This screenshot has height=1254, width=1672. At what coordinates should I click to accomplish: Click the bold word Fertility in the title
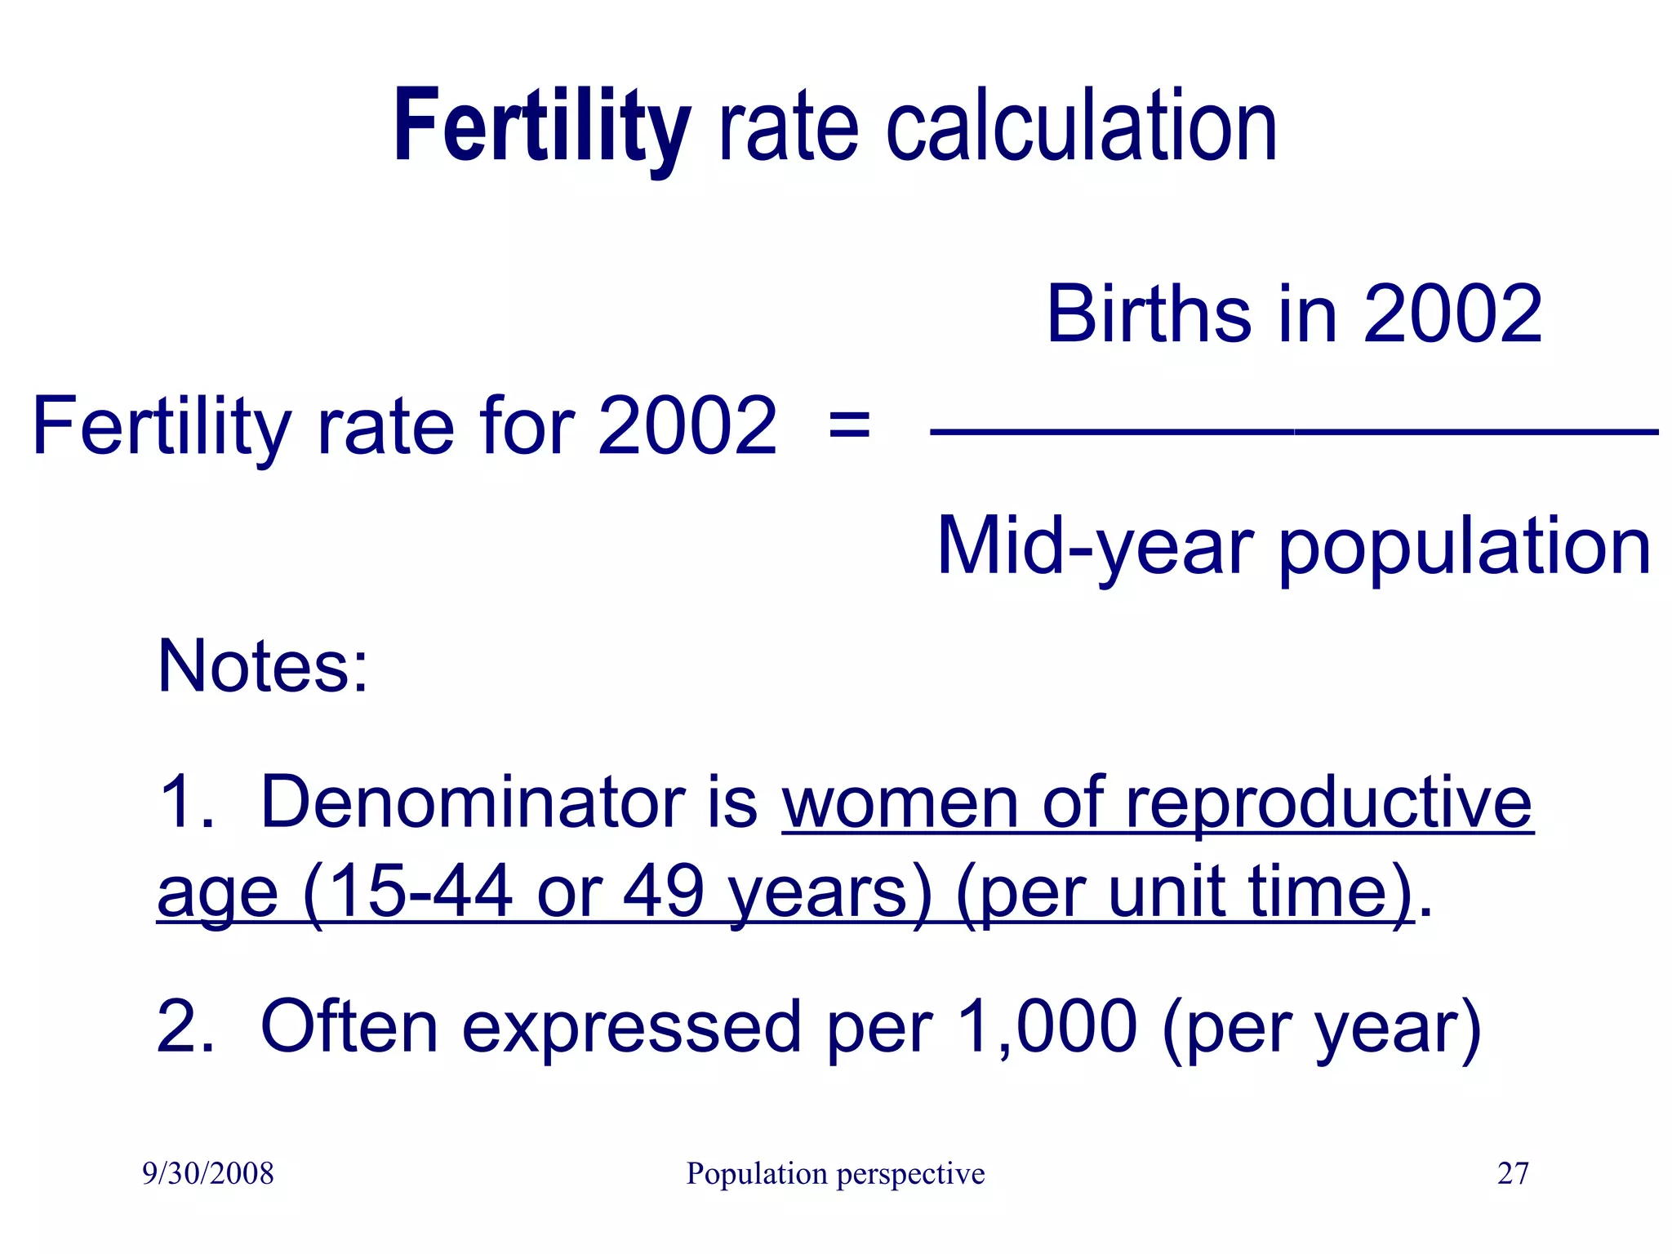point(542,129)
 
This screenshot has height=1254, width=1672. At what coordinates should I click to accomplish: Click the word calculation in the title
point(1081,129)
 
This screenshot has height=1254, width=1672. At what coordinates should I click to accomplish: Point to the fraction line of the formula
point(1294,432)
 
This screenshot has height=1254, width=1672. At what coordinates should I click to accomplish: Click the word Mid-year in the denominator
point(1094,547)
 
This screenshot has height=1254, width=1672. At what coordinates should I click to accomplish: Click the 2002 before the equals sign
point(687,426)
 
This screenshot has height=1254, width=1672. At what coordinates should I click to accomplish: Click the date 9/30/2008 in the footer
point(208,1174)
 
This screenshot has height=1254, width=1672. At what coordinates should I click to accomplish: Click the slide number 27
point(1512,1174)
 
